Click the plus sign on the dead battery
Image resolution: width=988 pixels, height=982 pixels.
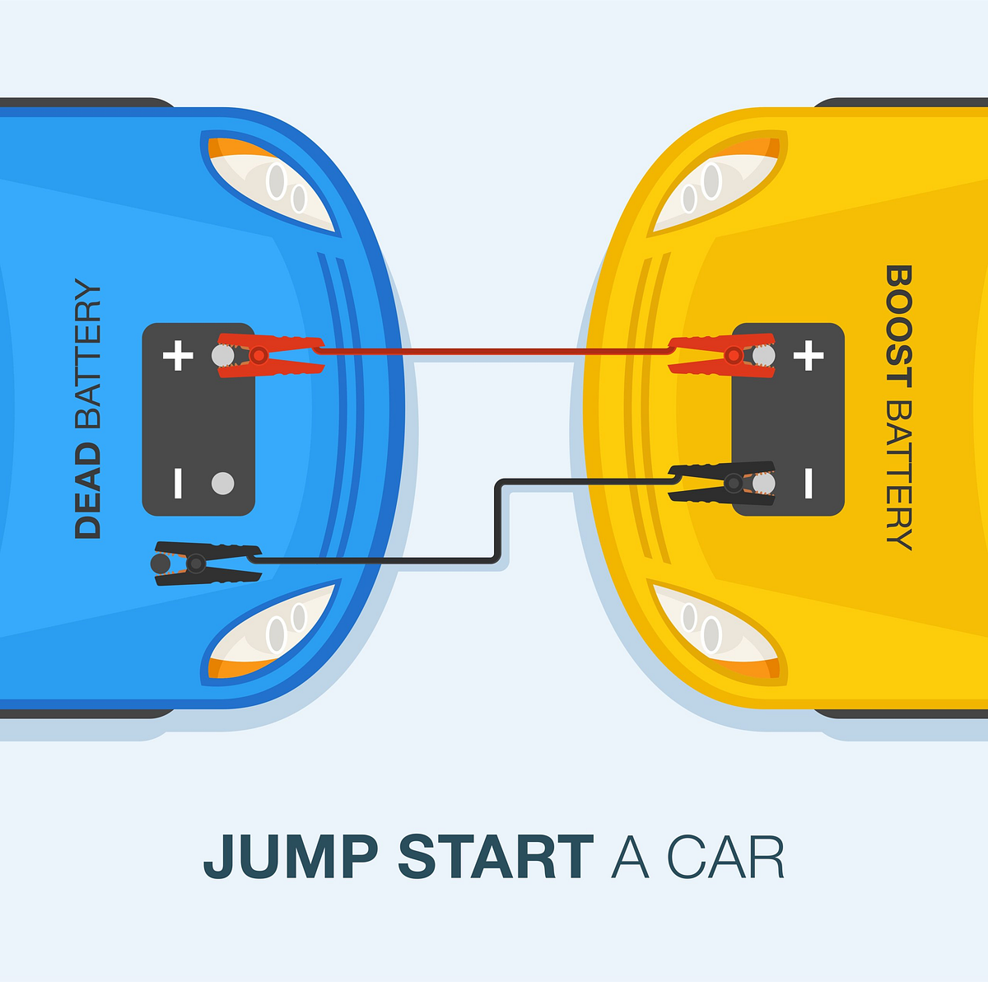[x=178, y=357]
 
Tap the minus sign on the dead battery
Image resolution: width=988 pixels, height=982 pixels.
[x=178, y=484]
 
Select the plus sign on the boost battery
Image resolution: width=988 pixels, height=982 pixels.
[x=809, y=356]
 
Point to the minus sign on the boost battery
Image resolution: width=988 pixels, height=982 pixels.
[x=809, y=484]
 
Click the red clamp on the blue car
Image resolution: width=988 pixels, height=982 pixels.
[x=268, y=356]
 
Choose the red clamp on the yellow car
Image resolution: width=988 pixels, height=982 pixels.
[x=720, y=355]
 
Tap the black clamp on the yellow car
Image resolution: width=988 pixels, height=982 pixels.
[x=720, y=483]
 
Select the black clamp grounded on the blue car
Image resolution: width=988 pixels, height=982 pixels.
[x=206, y=563]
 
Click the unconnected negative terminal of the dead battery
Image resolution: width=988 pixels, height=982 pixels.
[x=222, y=484]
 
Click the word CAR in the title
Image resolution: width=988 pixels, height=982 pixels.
[x=725, y=858]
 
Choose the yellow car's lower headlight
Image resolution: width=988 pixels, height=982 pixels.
[x=710, y=630]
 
